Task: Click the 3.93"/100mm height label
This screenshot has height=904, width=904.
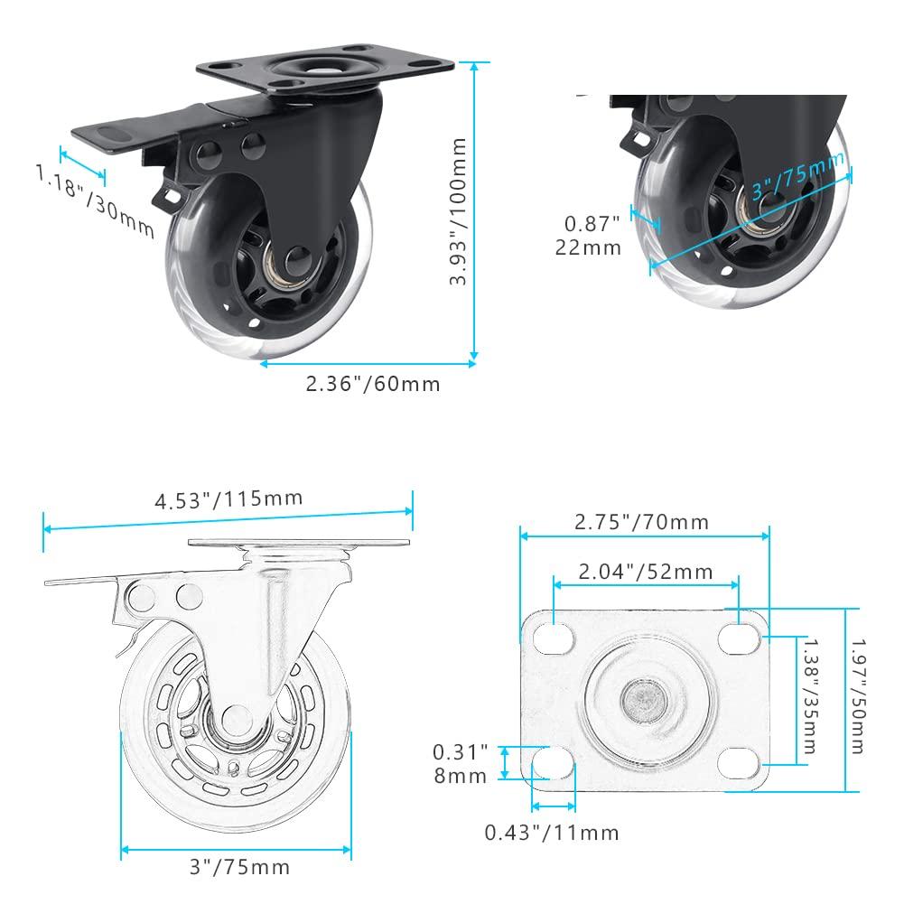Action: pyautogui.click(x=458, y=211)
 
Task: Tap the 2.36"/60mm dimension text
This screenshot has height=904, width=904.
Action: pyautogui.click(x=373, y=384)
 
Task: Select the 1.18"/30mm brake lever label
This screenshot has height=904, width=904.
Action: pyautogui.click(x=95, y=200)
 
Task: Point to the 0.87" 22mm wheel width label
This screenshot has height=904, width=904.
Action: pyautogui.click(x=589, y=235)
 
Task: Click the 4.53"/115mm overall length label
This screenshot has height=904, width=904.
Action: pyautogui.click(x=228, y=499)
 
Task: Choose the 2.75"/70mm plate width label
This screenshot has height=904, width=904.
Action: pyautogui.click(x=642, y=522)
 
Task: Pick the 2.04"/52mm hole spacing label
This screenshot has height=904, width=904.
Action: pyautogui.click(x=646, y=572)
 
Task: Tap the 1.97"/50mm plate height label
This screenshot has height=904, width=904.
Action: pyautogui.click(x=859, y=696)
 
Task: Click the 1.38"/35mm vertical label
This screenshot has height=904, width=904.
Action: pyautogui.click(x=811, y=696)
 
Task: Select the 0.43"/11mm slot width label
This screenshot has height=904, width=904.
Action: pyautogui.click(x=552, y=833)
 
